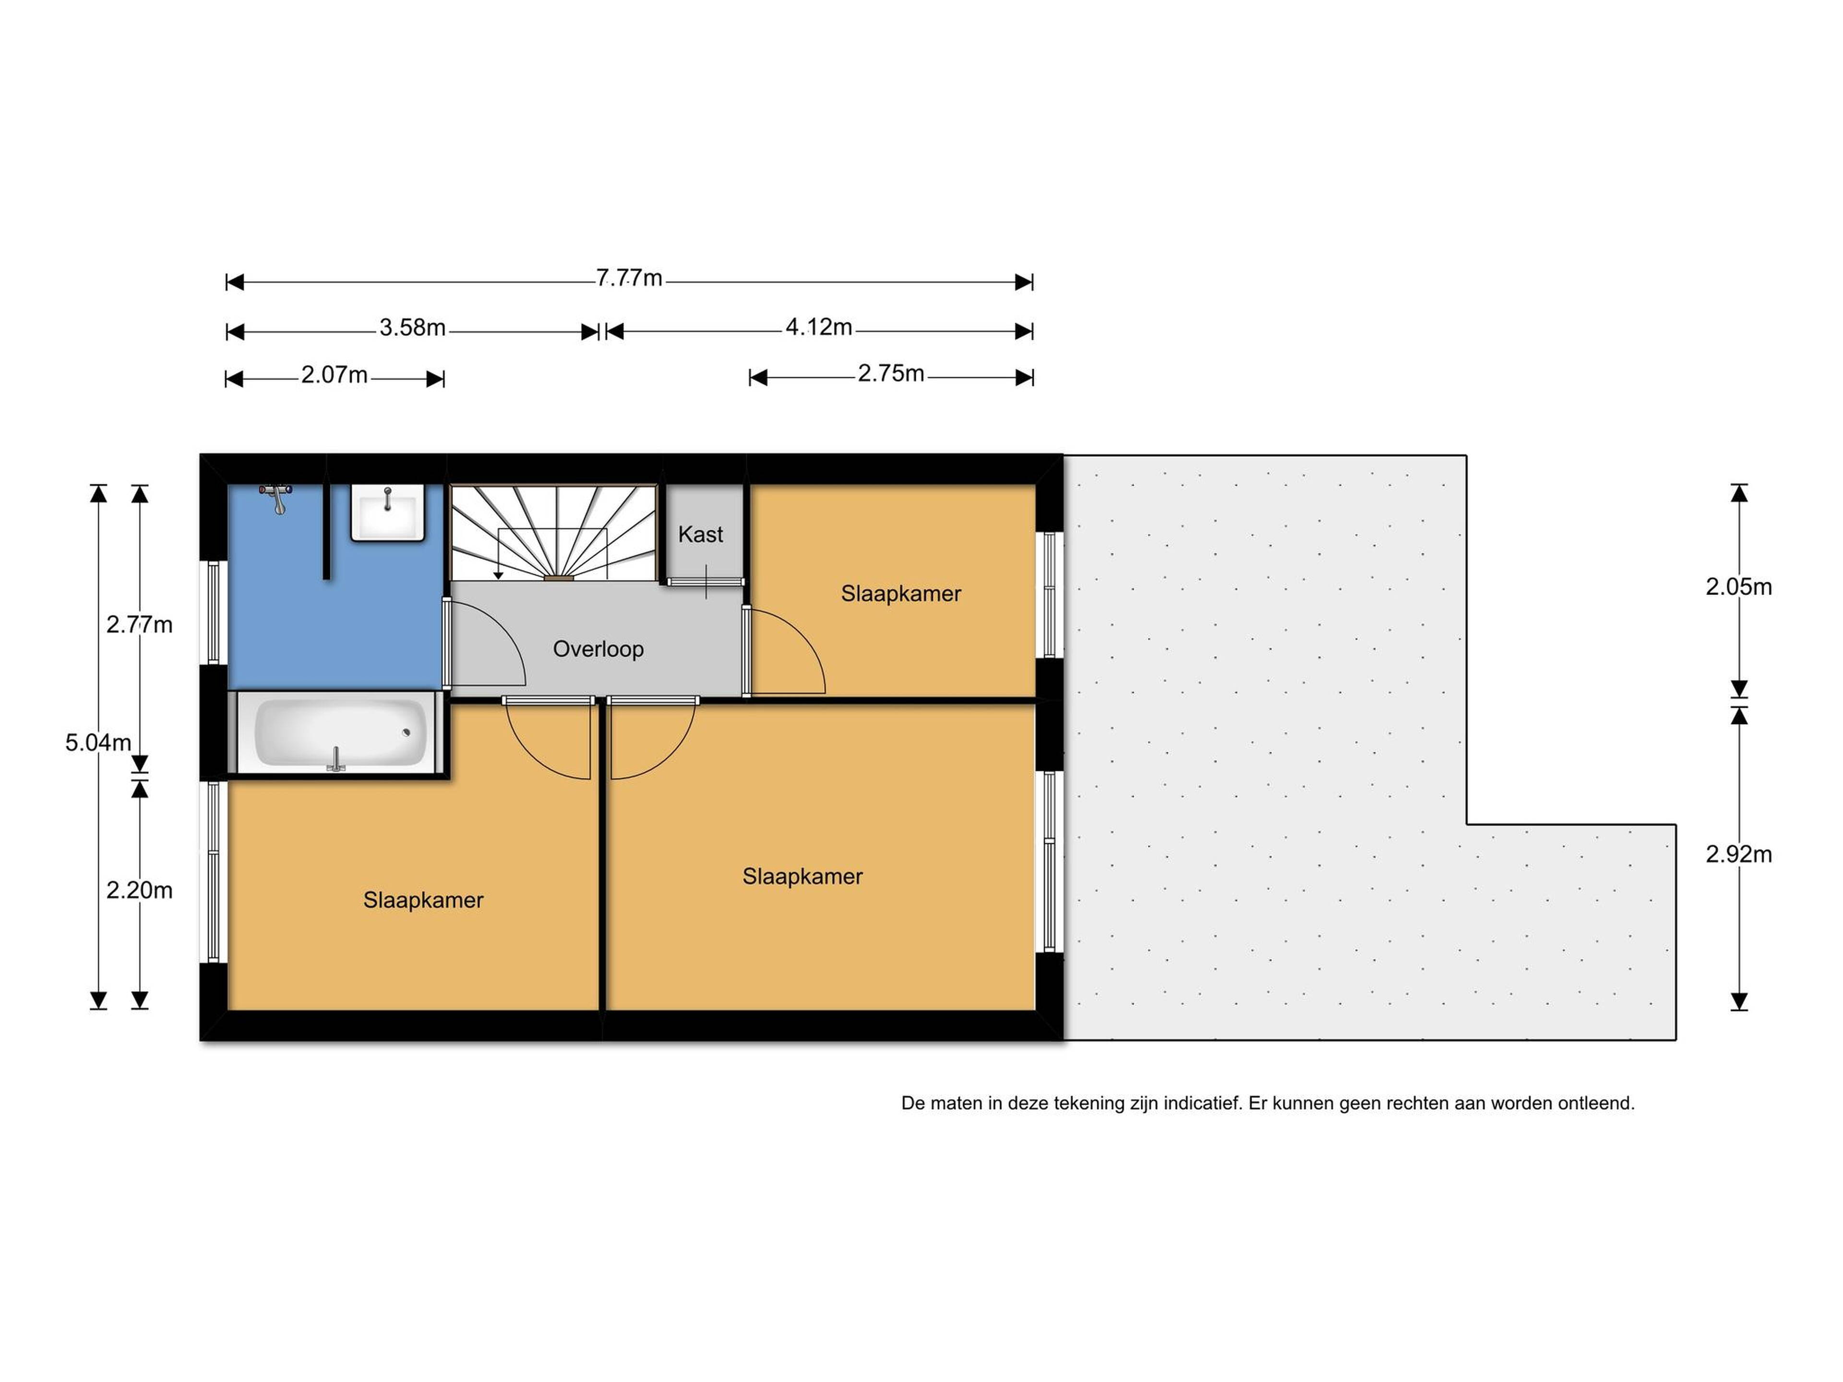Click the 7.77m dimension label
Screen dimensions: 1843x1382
pyautogui.click(x=629, y=278)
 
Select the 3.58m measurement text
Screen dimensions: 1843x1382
pyautogui.click(x=412, y=327)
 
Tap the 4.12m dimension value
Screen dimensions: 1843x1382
pyautogui.click(x=819, y=327)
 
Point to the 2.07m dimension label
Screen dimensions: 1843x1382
pyautogui.click(x=334, y=375)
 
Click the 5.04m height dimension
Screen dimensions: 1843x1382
pyautogui.click(x=98, y=742)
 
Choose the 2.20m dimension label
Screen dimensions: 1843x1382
pyautogui.click(x=139, y=891)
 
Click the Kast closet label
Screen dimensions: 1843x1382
pyautogui.click(x=701, y=534)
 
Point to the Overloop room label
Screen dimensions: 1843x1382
pyautogui.click(x=598, y=649)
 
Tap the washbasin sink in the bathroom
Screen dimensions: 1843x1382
pyautogui.click(x=387, y=513)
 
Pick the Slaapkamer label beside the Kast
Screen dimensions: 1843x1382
pyautogui.click(x=901, y=594)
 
